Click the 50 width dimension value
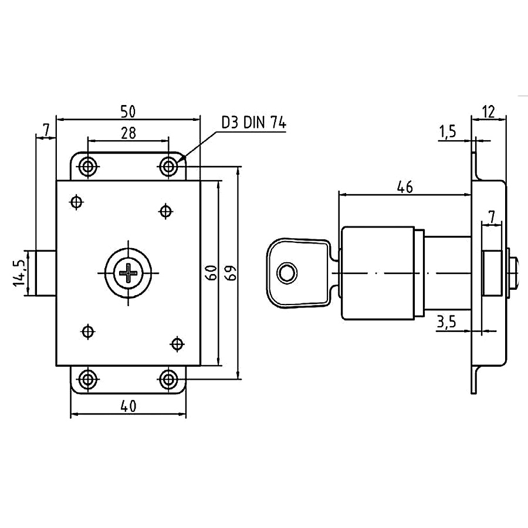click(x=128, y=111)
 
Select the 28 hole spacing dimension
click(x=128, y=133)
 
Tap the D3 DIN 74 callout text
click(x=253, y=123)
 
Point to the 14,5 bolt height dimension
click(x=20, y=273)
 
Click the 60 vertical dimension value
click(x=211, y=273)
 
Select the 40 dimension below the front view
click(x=128, y=407)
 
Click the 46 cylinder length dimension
click(x=405, y=187)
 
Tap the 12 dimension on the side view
click(x=489, y=111)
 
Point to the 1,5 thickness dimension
click(x=448, y=131)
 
